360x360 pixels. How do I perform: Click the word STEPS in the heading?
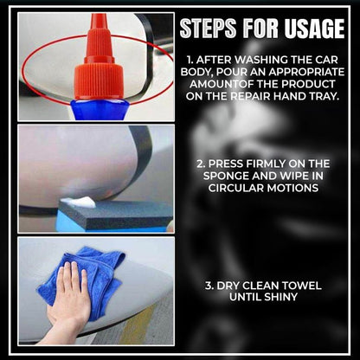(x=207, y=29)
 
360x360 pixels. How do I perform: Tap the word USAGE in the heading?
(x=312, y=29)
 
